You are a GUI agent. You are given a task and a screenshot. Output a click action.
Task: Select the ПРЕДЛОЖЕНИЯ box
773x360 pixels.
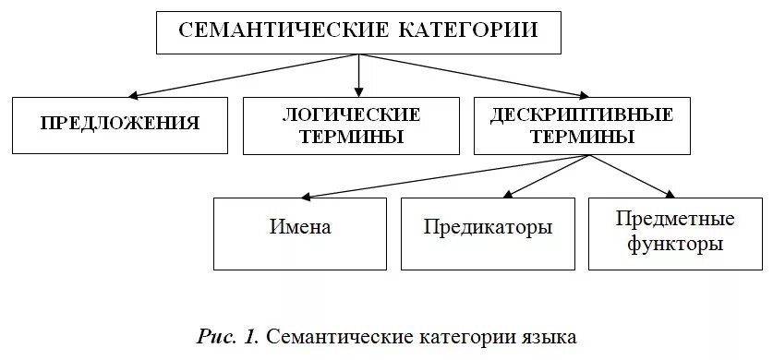(120, 123)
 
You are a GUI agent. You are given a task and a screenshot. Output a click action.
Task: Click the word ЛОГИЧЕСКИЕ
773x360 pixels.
(351, 114)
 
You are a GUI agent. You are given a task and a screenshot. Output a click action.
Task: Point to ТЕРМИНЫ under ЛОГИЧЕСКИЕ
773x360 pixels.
(351, 138)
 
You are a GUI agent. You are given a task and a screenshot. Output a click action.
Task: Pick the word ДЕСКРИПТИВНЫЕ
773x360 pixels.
(582, 114)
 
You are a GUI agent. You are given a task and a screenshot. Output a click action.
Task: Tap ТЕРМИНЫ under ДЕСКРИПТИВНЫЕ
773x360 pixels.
(582, 138)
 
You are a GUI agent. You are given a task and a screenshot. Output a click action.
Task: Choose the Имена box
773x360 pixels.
(300, 227)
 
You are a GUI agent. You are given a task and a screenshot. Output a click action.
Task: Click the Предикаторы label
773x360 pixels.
(489, 227)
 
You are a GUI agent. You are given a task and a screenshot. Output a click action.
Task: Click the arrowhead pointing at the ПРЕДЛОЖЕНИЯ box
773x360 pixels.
(135, 94)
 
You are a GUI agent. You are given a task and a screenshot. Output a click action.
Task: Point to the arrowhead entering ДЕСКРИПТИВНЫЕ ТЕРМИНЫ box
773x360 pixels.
(583, 93)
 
